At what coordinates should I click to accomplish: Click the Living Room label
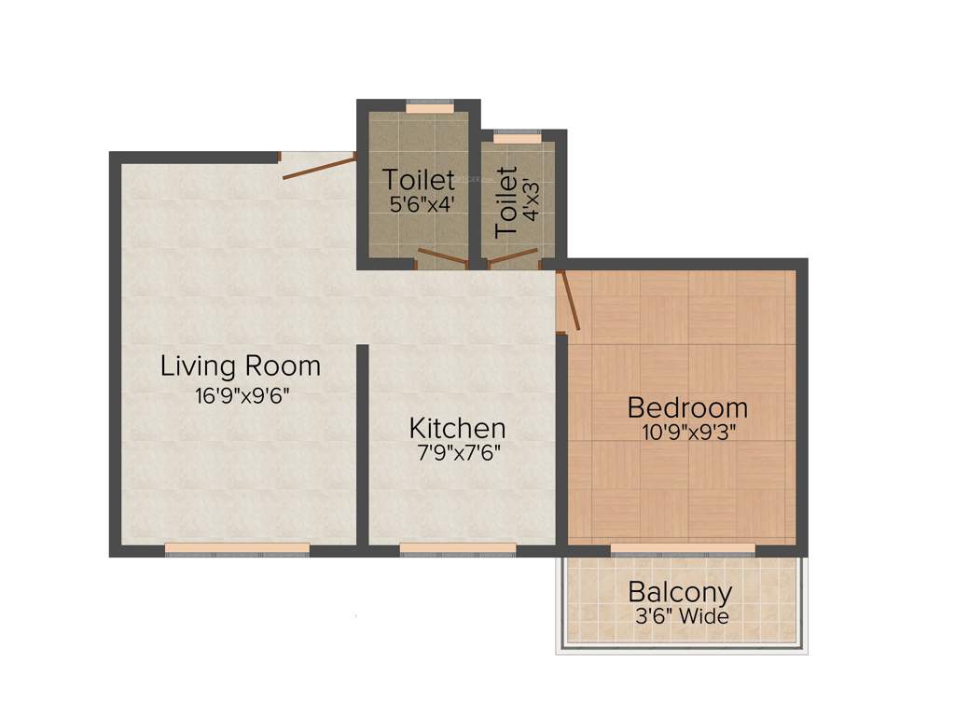241,365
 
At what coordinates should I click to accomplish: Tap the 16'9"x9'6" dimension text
243,395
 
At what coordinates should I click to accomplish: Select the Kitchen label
457,428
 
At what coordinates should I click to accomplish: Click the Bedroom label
687,407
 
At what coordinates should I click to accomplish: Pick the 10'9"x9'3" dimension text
688,433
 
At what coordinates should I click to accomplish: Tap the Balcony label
680,592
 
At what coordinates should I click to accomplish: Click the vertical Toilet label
506,201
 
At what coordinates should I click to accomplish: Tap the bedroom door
569,300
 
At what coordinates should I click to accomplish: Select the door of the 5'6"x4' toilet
440,257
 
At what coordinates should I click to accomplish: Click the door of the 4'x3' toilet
514,256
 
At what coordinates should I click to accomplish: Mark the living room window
237,549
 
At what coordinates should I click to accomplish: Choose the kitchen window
458,549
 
